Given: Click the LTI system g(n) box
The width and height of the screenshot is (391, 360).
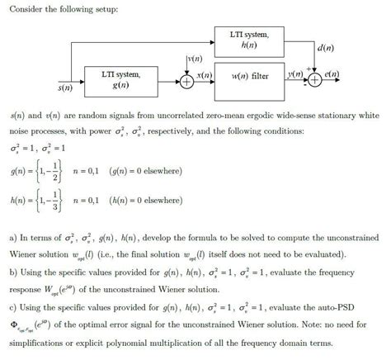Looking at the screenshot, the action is (x=120, y=79).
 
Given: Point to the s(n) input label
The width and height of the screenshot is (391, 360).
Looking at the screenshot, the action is (x=64, y=86).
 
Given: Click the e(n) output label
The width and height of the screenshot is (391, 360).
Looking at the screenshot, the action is (x=333, y=73).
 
